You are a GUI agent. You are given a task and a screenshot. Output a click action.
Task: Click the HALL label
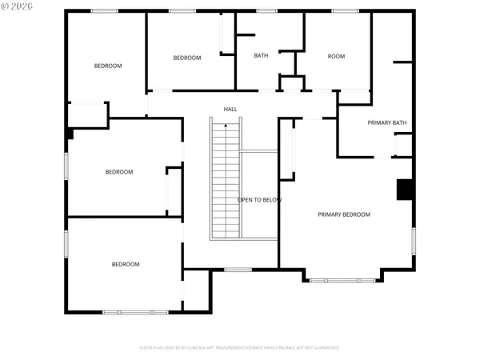tap(230, 109)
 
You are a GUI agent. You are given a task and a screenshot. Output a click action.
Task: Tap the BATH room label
tap(261, 55)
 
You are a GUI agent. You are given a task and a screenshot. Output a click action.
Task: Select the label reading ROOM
tap(336, 56)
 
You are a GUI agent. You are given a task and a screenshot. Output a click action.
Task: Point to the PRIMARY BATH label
tap(387, 122)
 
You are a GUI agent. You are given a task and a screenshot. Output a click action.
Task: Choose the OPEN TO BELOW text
tap(259, 199)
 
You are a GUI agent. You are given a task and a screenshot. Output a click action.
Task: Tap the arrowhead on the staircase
tap(226, 125)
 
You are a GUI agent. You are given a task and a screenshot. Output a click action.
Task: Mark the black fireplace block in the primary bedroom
tap(406, 189)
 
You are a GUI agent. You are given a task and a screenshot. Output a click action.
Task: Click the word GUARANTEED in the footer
tap(326, 348)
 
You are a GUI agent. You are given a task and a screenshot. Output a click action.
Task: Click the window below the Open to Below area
tap(238, 270)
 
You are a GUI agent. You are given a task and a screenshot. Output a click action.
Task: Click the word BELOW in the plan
tap(272, 199)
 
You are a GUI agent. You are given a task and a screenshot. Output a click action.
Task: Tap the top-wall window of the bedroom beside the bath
tap(182, 10)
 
